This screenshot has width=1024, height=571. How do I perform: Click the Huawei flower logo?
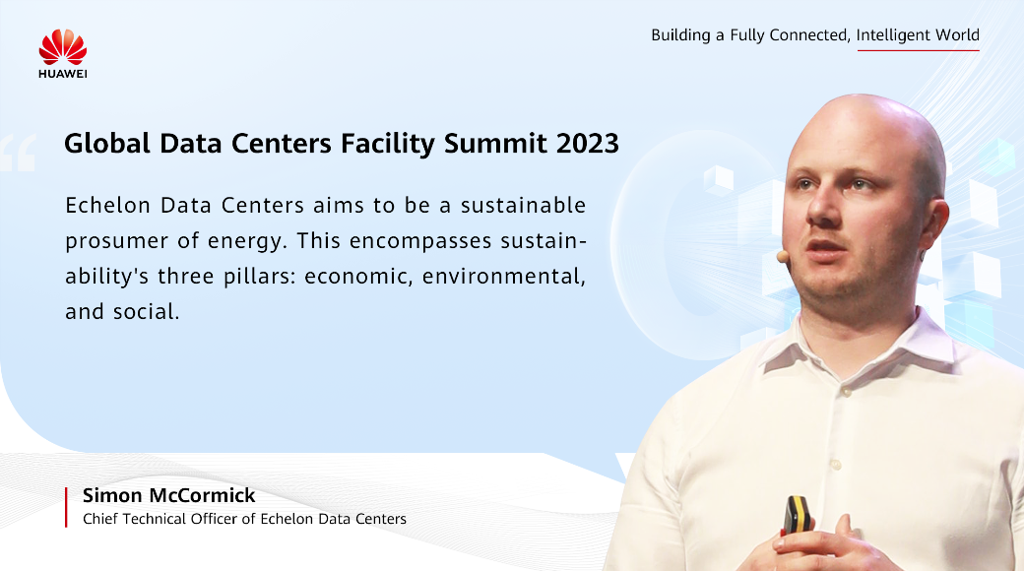(x=63, y=46)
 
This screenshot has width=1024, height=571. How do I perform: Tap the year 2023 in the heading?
(x=587, y=144)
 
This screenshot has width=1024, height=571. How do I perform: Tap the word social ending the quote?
(x=146, y=312)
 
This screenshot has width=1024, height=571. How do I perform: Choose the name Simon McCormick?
(x=168, y=495)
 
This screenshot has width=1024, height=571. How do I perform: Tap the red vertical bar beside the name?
(x=66, y=507)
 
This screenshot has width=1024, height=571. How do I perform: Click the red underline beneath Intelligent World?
(x=919, y=50)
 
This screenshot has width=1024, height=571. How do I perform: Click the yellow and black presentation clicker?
(x=798, y=515)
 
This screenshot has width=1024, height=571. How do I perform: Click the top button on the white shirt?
(x=847, y=392)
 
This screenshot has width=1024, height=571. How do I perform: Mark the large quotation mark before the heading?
(x=18, y=153)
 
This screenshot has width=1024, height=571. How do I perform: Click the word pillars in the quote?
(x=260, y=277)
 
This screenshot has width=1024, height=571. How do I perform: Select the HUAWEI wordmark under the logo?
(x=63, y=74)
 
